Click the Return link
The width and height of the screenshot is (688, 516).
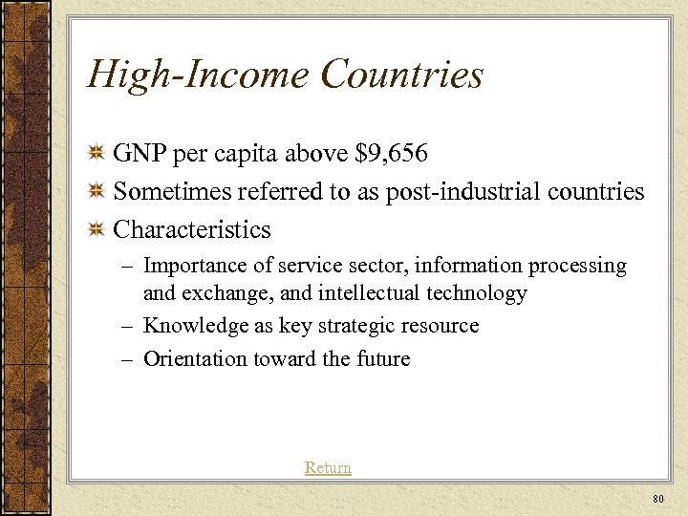[x=328, y=467]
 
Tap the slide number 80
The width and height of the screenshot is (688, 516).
[x=656, y=499]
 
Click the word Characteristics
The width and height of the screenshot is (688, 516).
[x=192, y=229]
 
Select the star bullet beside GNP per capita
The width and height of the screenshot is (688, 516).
[x=96, y=154]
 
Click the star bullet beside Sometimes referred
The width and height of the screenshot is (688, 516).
[x=96, y=192]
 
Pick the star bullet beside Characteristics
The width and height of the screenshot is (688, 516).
[x=96, y=230]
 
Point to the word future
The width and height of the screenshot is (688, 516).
[x=381, y=359]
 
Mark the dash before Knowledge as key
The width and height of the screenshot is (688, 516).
[x=128, y=326]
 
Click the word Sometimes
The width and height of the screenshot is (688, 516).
[x=169, y=191]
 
